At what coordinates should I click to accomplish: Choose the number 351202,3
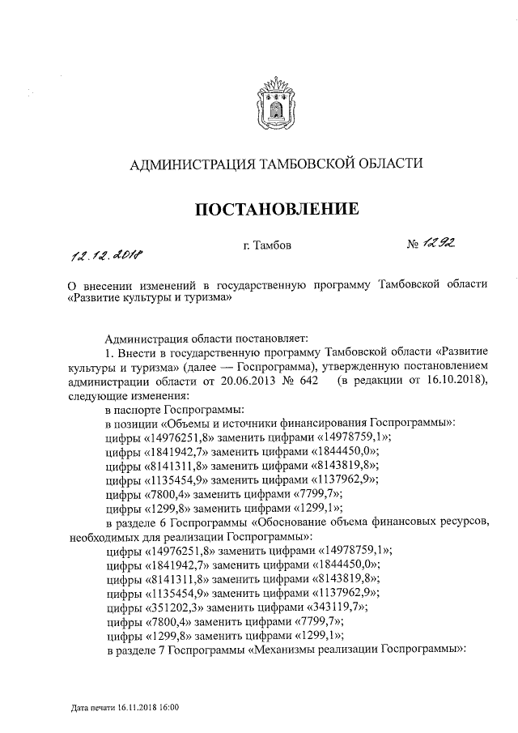pos(179,607)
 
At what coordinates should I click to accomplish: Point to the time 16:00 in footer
pos(169,708)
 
